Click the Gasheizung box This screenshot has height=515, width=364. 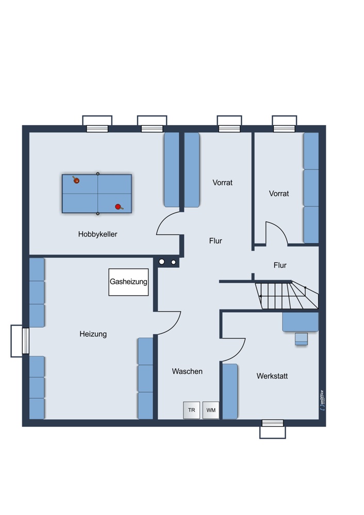128,282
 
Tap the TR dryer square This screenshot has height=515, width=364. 191,410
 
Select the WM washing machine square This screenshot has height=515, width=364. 211,410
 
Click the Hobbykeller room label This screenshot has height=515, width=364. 97,234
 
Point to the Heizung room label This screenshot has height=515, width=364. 93,334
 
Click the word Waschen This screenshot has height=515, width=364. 187,371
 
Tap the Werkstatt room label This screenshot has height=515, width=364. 272,376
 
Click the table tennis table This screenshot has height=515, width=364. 97,194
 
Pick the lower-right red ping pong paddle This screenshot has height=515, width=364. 119,207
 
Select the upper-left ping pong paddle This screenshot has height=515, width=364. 76,180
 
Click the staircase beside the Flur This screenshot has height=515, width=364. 287,295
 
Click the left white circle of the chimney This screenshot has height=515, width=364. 162,262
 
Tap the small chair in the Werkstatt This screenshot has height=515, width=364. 301,339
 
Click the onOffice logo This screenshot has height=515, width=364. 322,400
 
